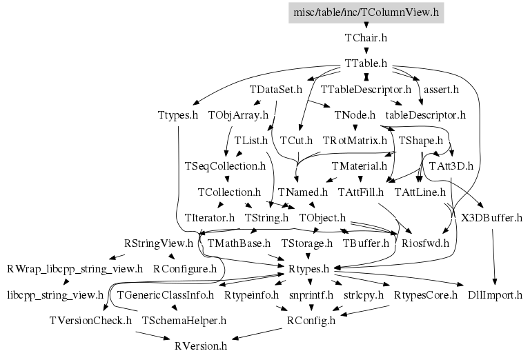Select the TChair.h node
point(366,38)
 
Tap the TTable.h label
point(366,63)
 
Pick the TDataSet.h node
point(276,90)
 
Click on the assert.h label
point(441,90)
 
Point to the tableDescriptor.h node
point(425,114)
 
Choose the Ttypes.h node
point(177,114)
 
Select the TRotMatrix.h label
point(355,141)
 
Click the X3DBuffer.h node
point(491,218)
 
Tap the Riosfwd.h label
point(426,243)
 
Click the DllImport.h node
point(495,295)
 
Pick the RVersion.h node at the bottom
point(200,346)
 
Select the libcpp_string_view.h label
point(55,295)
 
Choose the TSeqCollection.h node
point(225,166)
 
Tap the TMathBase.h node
point(239,243)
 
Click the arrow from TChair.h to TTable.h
point(366,50)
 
